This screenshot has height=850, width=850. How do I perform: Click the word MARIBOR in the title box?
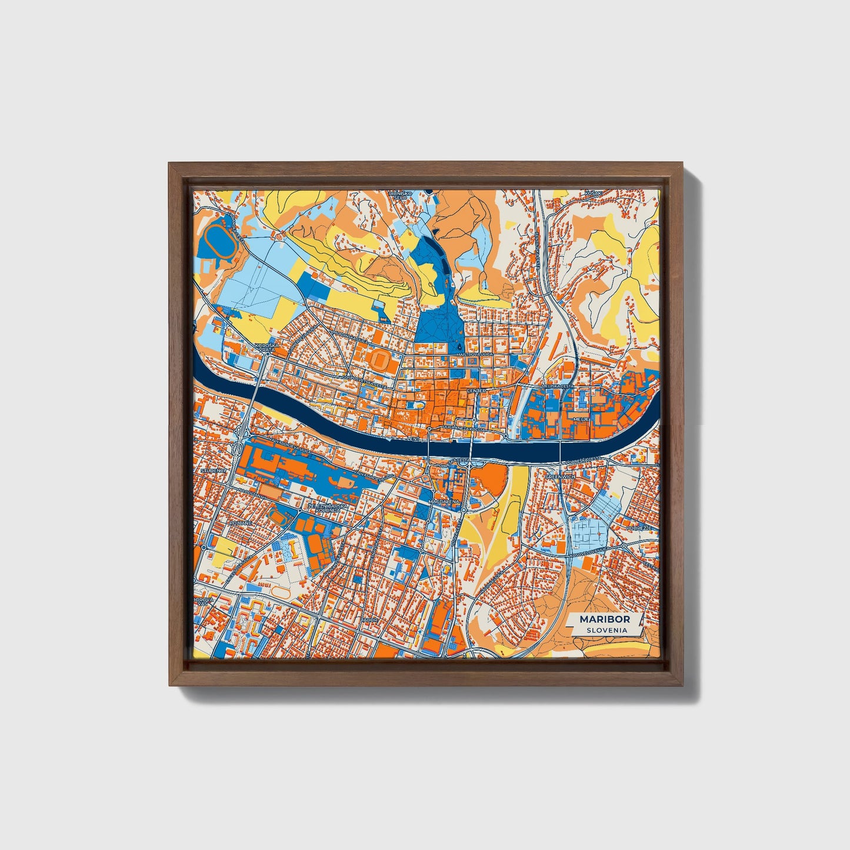(x=604, y=619)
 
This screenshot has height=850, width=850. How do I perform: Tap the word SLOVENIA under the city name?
(x=606, y=630)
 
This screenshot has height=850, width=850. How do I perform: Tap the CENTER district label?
(x=476, y=391)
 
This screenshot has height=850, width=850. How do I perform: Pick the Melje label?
(x=573, y=419)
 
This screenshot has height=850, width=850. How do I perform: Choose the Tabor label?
(x=369, y=620)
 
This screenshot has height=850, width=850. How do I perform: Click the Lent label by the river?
(x=415, y=439)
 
